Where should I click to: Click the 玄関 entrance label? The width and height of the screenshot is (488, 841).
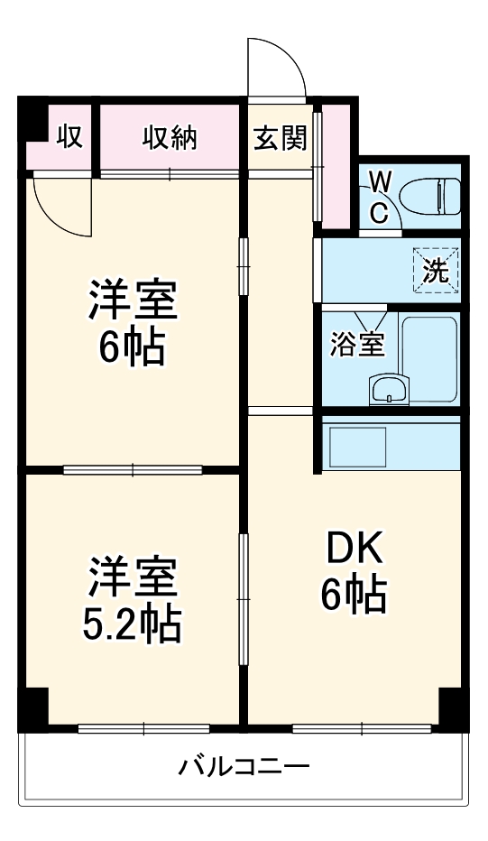[x=279, y=138]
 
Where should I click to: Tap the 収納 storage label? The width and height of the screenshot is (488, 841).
[x=170, y=138]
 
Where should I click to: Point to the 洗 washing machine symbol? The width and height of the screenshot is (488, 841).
[x=436, y=272]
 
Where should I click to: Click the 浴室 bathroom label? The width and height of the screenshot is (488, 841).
[x=356, y=345]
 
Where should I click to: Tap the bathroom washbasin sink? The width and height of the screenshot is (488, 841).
[x=389, y=391]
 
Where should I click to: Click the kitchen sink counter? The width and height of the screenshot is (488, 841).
[x=358, y=445]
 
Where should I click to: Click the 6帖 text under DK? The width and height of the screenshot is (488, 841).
[x=353, y=594]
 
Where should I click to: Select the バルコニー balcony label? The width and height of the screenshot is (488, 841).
[x=244, y=768]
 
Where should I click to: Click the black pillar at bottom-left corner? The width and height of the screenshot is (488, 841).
[x=33, y=709]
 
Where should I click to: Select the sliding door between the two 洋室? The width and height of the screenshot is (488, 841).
[x=133, y=469]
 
